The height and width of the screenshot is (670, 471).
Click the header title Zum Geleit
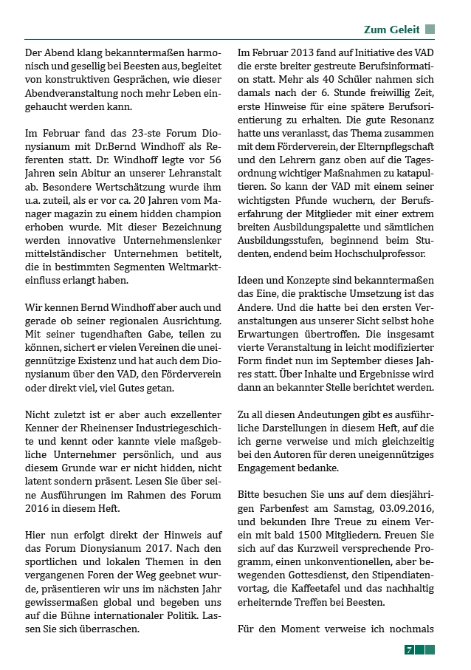coord(391,30)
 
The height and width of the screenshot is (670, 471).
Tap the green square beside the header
coord(430,30)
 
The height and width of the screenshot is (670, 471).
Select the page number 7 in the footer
coord(408,649)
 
